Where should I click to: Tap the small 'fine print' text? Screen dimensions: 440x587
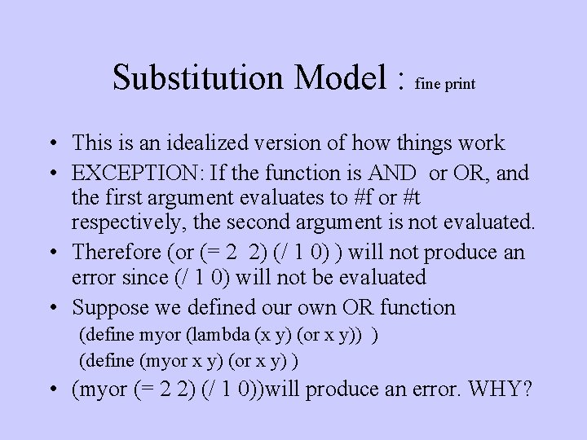coord(445,83)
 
